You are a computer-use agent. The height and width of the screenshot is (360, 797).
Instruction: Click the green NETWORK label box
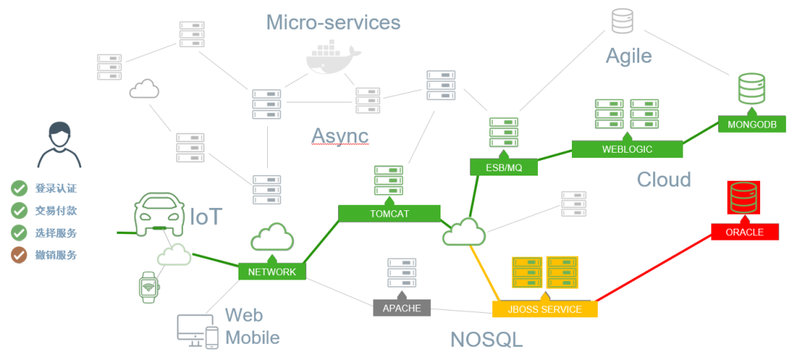(x=272, y=271)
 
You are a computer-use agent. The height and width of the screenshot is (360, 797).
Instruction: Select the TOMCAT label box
(x=390, y=213)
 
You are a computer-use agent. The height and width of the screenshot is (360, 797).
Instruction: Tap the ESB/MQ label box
(x=504, y=167)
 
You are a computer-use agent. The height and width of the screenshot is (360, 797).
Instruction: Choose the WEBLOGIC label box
(x=627, y=148)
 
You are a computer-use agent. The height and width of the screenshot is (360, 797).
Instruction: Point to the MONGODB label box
(x=751, y=124)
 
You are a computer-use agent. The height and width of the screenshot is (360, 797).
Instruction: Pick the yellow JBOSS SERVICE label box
(x=545, y=309)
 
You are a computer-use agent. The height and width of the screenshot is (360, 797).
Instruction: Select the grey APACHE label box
(x=401, y=308)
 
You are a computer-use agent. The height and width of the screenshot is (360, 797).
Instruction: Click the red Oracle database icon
(x=744, y=198)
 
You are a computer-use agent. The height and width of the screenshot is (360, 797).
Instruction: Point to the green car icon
(x=159, y=214)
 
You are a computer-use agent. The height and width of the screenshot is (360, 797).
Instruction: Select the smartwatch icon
(x=149, y=286)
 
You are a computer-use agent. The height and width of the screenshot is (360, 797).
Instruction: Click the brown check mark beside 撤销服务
(x=19, y=255)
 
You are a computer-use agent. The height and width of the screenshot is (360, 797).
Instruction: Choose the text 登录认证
(x=56, y=188)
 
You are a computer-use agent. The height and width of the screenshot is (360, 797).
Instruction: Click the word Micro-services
(x=333, y=22)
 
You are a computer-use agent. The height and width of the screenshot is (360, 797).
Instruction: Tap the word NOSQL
(x=486, y=339)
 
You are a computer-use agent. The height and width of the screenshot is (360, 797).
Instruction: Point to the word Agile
(x=629, y=55)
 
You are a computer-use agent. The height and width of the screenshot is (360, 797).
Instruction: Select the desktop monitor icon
(x=190, y=330)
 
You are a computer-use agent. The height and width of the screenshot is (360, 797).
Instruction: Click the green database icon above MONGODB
(x=751, y=88)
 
